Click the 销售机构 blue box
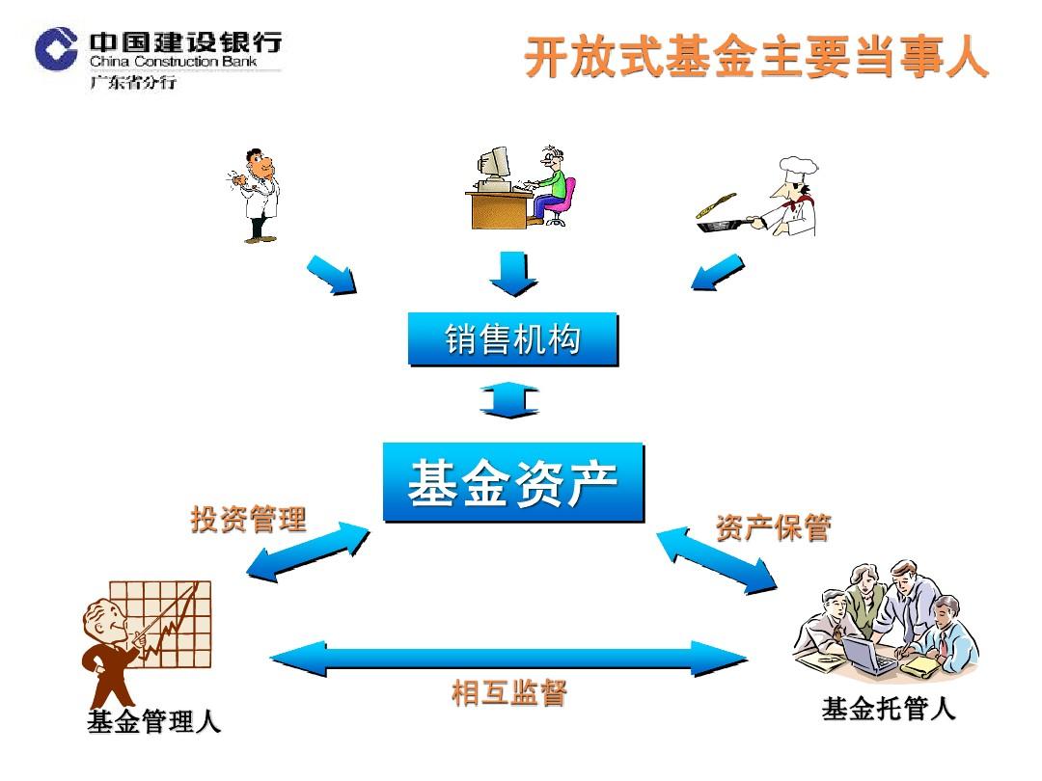coord(513,338)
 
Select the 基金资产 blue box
coord(513,482)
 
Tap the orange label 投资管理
coord(249,520)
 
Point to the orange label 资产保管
coord(774,527)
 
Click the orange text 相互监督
coord(509,692)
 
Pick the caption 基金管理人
coord(153,721)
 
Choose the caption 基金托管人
coord(889,709)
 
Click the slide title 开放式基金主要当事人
coord(756,57)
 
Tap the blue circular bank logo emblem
coord(57,48)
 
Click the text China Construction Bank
coord(174,61)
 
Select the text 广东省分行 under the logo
coord(133,82)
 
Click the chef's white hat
coord(798,170)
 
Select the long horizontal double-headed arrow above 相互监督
coord(509,659)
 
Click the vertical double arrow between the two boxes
coord(509,400)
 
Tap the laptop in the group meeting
coord(867,655)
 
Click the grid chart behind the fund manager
coord(160,624)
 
